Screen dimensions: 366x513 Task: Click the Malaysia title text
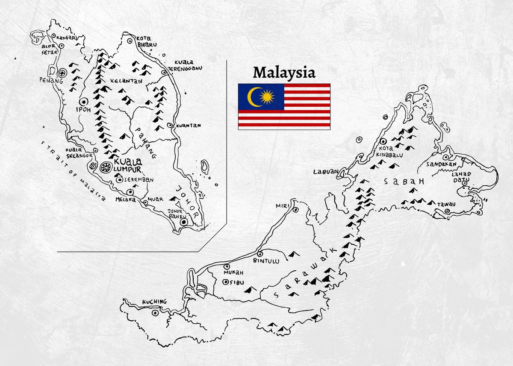284,72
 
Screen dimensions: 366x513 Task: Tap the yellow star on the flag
267,97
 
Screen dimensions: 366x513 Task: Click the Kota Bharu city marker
130,41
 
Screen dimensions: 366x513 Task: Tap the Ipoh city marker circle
83,101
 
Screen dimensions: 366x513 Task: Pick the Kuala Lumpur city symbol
105,167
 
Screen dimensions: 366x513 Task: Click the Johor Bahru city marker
184,222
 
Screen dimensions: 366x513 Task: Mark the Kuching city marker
155,313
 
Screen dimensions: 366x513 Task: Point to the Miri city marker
295,210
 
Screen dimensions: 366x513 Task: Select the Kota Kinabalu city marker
383,141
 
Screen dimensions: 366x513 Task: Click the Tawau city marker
447,211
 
